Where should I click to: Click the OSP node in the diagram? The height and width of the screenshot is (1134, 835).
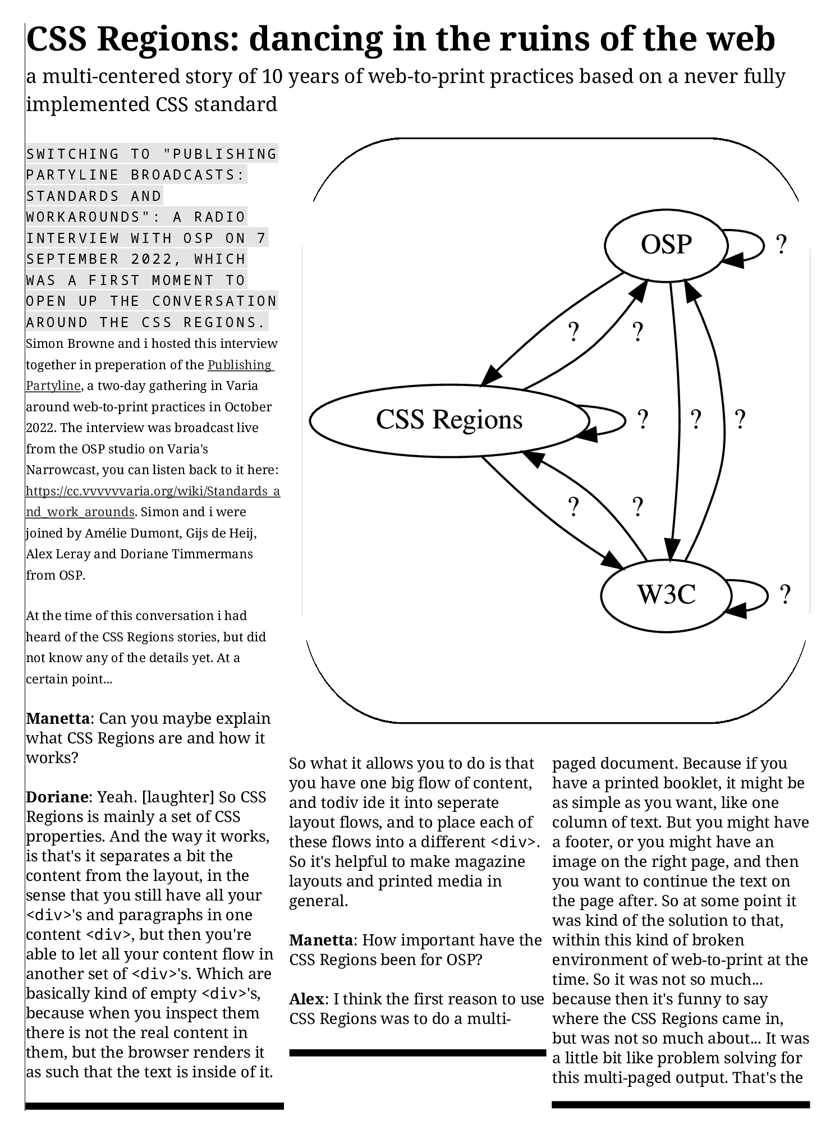click(x=666, y=245)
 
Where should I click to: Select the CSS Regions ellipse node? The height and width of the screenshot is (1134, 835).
click(x=449, y=420)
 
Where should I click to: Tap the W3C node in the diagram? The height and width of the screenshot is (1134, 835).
click(x=666, y=594)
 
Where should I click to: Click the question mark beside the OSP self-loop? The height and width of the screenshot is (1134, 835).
click(x=781, y=245)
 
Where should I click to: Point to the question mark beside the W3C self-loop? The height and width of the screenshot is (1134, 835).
click(x=785, y=594)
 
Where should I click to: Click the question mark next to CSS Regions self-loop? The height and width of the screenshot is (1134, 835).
click(x=643, y=419)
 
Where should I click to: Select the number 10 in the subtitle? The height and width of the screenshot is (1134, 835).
click(x=273, y=76)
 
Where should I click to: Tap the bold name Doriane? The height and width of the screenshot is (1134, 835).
click(x=57, y=797)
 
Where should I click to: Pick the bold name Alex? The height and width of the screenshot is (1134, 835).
click(x=306, y=999)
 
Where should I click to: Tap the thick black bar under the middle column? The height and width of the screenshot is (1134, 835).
click(x=417, y=1053)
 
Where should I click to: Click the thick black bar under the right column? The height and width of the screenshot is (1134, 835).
click(x=681, y=1104)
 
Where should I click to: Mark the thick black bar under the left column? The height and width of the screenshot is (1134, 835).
click(x=154, y=1106)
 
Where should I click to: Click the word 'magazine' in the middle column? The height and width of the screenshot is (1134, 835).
click(x=490, y=861)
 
